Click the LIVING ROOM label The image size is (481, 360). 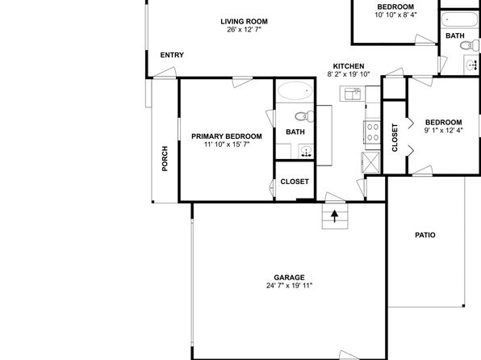tap(245, 22)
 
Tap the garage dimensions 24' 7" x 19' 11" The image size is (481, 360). tap(289, 286)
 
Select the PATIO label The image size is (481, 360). tap(425, 235)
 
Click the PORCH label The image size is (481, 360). tap(165, 158)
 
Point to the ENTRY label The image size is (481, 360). tap(172, 55)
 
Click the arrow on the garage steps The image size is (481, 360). tap(335, 216)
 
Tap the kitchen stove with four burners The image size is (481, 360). tap(372, 132)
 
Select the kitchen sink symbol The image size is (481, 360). tap(353, 94)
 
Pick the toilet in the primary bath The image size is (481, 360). tap(304, 116)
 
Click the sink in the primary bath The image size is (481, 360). tap(306, 152)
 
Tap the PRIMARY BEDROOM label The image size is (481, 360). tap(227, 136)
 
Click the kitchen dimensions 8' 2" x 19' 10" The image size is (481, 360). tap(349, 74)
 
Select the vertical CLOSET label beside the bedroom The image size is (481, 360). tap(395, 137)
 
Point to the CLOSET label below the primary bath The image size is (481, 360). tap(295, 182)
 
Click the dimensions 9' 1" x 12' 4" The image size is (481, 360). tap(444, 131)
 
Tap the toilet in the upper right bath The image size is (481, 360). tap(470, 45)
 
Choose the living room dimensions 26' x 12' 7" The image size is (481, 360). tap(245, 30)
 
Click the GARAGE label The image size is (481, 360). tap(289, 278)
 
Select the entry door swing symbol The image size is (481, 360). tap(165, 73)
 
